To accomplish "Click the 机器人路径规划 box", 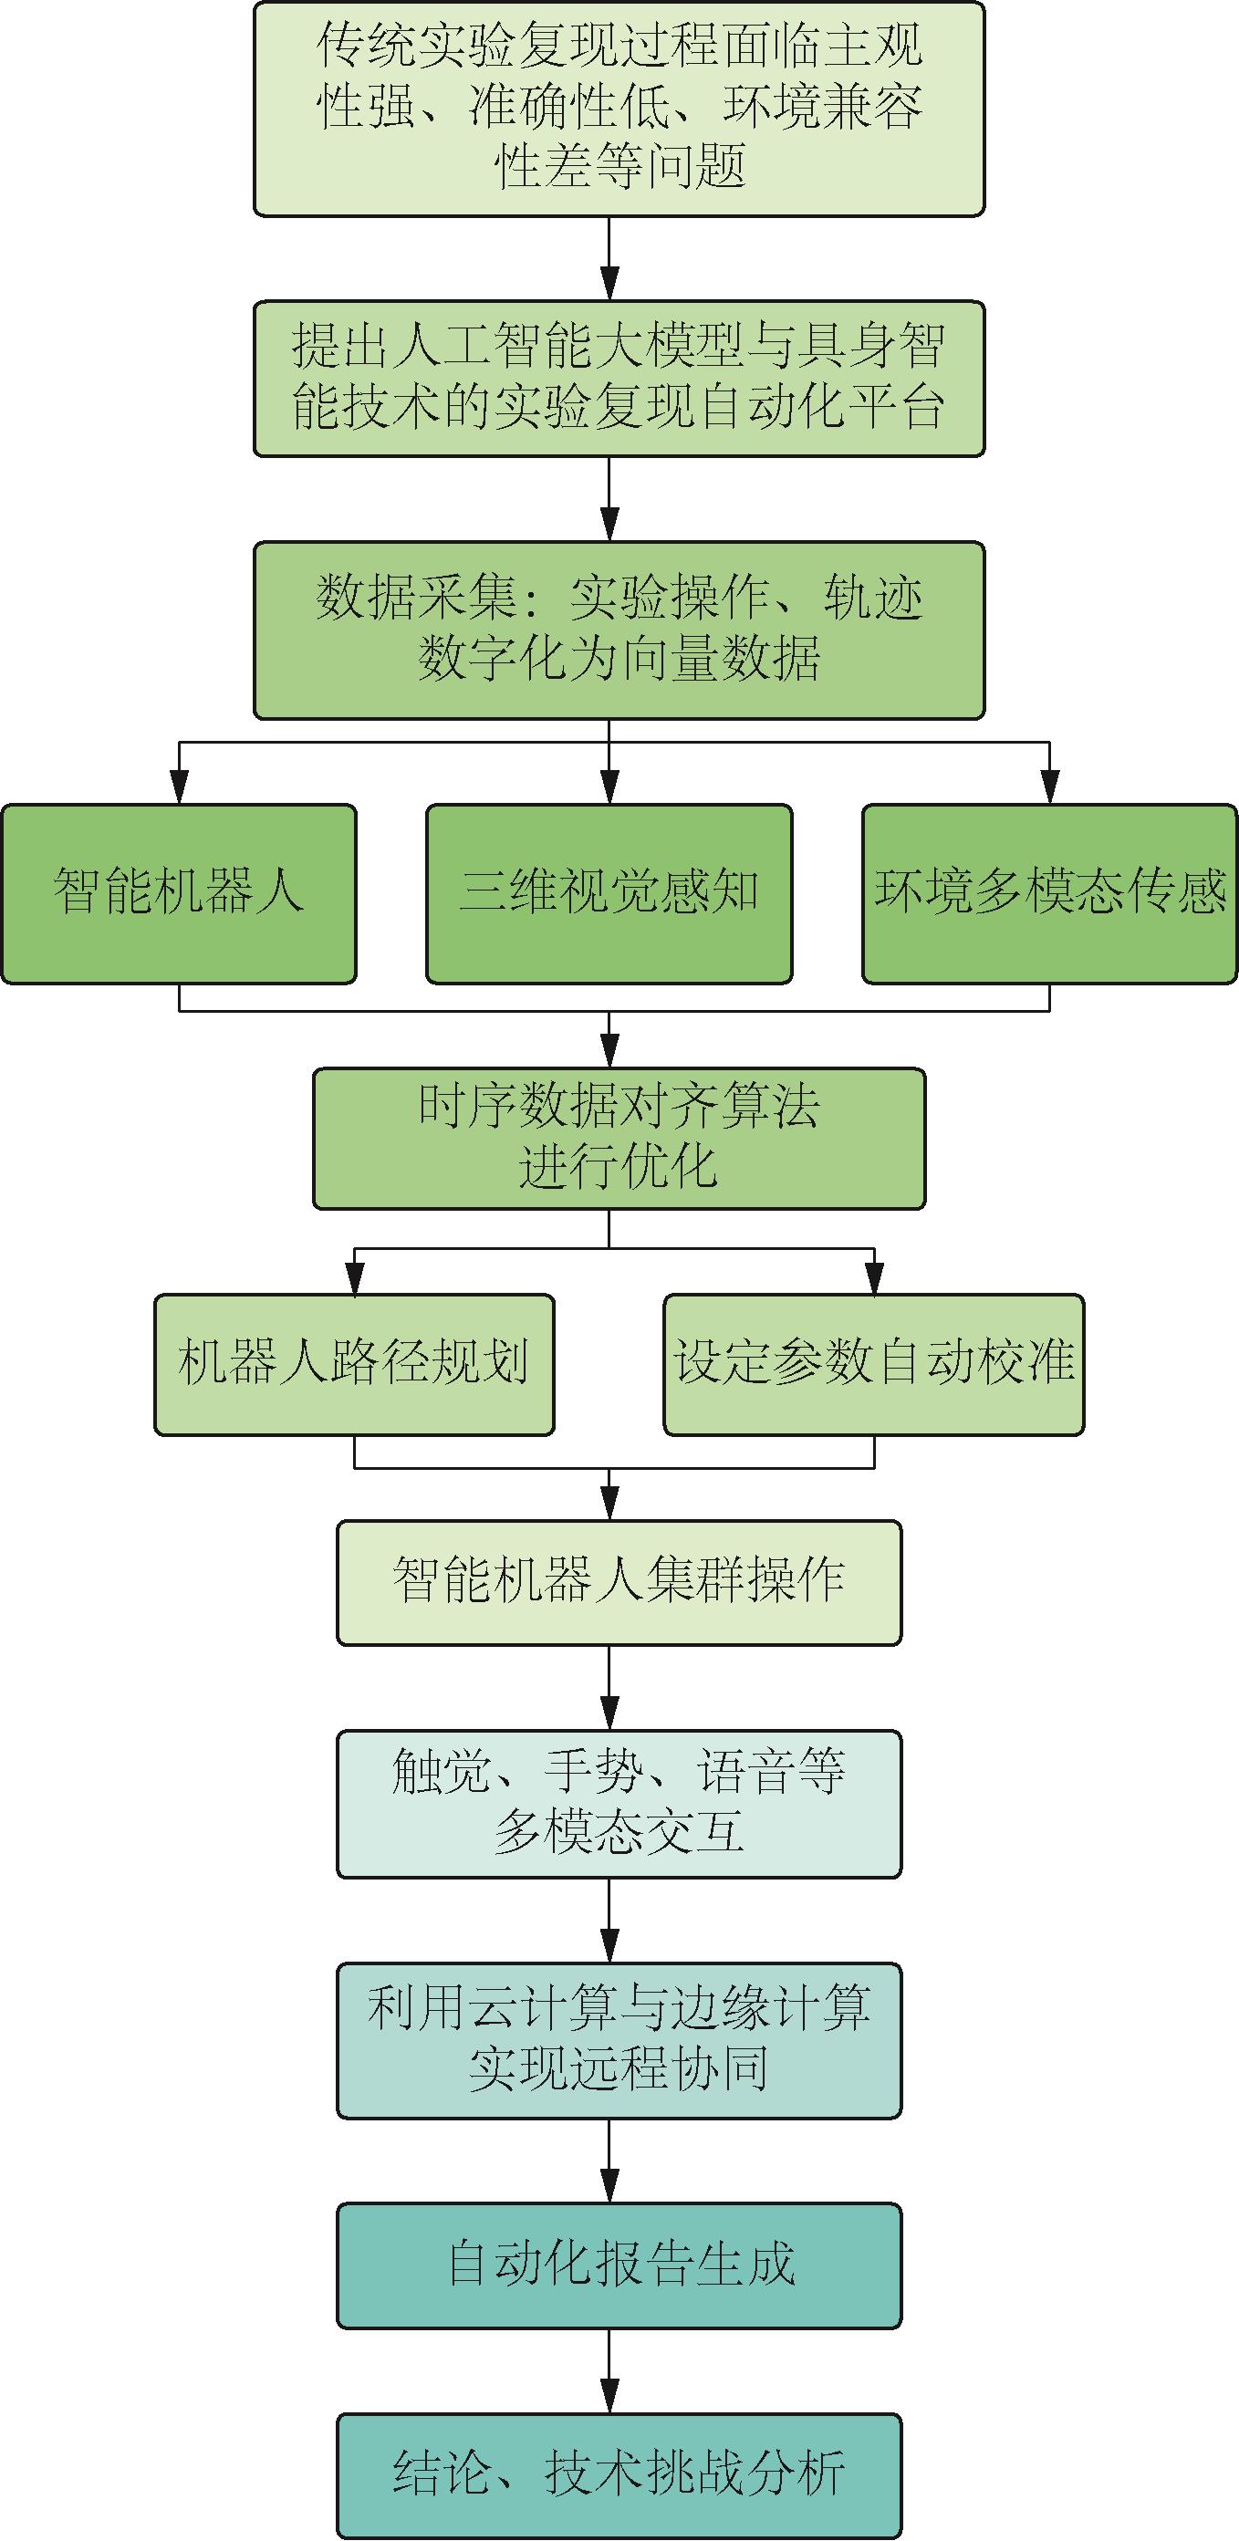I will [354, 1364].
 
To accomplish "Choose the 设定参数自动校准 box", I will [874, 1364].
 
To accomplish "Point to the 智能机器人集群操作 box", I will [619, 1582].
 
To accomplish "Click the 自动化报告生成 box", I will [619, 2265].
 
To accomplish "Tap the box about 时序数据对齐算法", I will [619, 1139].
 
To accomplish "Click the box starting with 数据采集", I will [619, 630].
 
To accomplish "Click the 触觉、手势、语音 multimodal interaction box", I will [619, 1803].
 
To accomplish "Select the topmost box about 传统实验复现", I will [619, 109].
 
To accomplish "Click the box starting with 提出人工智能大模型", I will [619, 378].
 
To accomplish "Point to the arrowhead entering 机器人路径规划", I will [354, 1278].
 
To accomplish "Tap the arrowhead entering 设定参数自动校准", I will [874, 1278].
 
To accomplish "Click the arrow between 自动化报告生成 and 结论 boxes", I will [609, 2371].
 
